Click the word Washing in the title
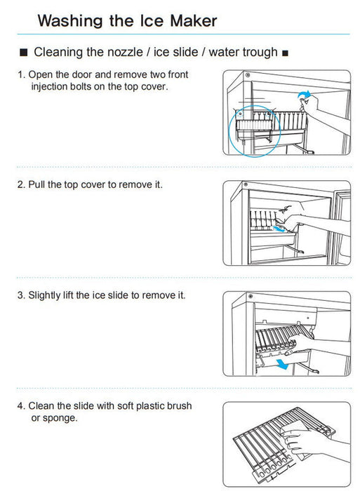coord(70,22)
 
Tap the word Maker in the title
coord(193,21)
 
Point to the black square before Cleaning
coord(24,53)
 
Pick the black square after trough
coord(285,53)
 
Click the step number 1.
coord(20,75)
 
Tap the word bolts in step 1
coord(81,86)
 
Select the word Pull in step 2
coord(36,184)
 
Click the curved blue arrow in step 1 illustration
coord(304,93)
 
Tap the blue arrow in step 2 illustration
coord(279,229)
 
